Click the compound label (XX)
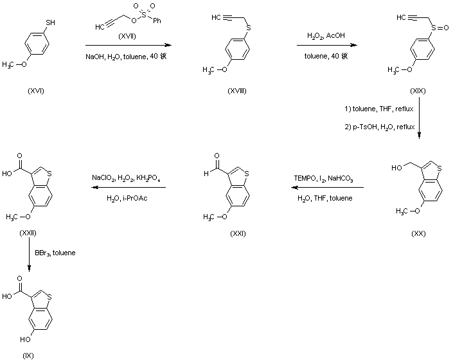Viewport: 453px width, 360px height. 418,234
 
